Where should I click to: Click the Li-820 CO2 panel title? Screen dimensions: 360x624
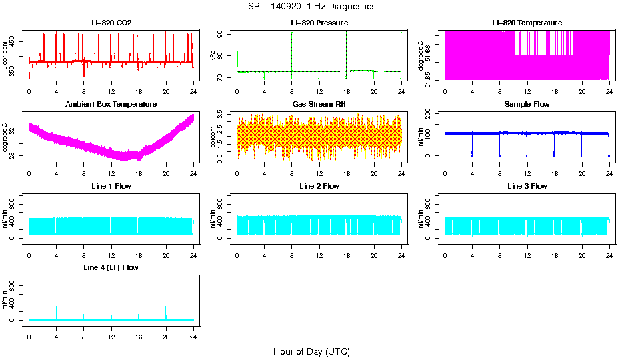pyautogui.click(x=111, y=23)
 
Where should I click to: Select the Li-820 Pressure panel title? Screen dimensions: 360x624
pyautogui.click(x=319, y=23)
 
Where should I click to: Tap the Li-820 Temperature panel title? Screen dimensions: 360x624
pyautogui.click(x=527, y=23)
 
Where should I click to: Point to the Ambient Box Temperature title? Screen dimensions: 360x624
pyautogui.click(x=111, y=105)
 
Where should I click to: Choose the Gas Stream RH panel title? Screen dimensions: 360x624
pyautogui.click(x=319, y=105)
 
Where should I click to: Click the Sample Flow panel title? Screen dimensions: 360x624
pyautogui.click(x=527, y=105)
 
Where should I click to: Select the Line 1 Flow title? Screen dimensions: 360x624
pyautogui.click(x=111, y=186)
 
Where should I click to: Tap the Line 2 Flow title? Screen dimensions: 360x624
pyautogui.click(x=319, y=186)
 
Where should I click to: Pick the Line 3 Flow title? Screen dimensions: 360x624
pyautogui.click(x=527, y=186)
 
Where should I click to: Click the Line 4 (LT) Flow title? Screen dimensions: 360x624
pyautogui.click(x=111, y=267)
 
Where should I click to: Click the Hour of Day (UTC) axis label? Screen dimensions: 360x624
pyautogui.click(x=311, y=351)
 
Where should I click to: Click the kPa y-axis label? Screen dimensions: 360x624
pyautogui.click(x=213, y=56)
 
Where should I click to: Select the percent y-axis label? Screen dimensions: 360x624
pyautogui.click(x=213, y=137)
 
